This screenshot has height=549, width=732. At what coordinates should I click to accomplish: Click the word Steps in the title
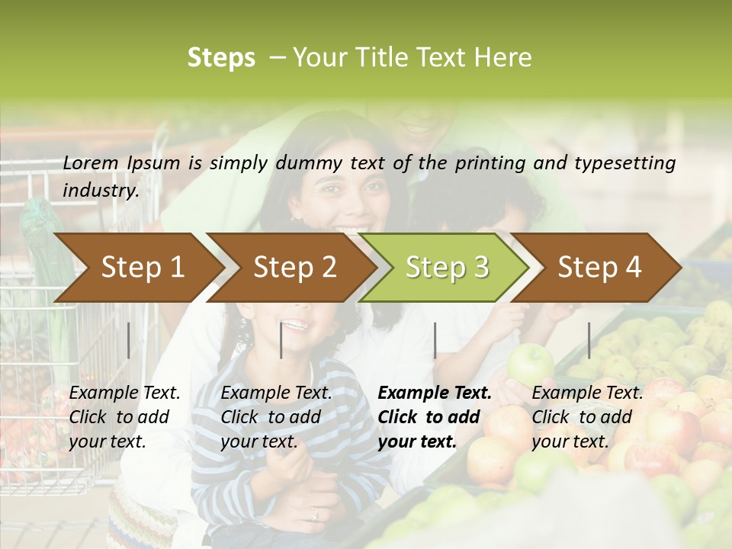221,58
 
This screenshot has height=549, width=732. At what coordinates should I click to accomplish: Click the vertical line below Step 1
128,340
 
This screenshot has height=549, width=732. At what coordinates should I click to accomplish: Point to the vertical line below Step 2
281,340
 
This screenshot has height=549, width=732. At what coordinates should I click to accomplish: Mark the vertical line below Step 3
435,340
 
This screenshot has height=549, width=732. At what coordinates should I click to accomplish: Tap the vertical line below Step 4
589,340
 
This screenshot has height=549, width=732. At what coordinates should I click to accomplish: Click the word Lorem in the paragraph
91,162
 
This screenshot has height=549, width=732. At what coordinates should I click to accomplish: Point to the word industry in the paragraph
100,191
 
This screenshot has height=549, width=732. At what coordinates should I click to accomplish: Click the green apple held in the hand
530,364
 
